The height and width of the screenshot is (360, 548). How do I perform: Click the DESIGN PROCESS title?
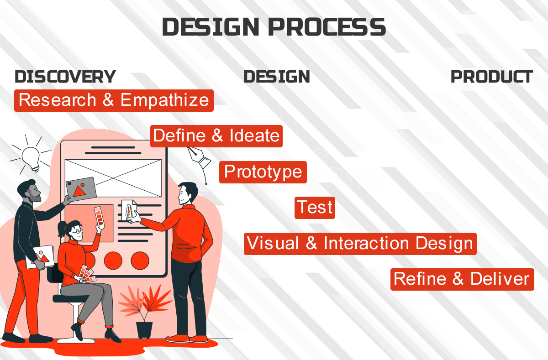274,26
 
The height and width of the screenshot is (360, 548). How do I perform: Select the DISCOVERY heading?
65,77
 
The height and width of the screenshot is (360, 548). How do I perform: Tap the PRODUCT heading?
492,77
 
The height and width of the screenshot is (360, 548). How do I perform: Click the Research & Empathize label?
114,100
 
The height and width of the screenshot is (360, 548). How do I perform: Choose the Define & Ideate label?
216,136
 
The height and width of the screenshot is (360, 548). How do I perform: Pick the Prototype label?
263,172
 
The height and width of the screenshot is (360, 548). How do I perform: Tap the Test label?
315,208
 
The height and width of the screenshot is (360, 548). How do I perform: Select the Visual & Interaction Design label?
360,244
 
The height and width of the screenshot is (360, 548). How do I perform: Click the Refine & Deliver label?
462,279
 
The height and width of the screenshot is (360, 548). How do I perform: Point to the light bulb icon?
31,157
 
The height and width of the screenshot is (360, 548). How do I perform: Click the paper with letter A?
129,210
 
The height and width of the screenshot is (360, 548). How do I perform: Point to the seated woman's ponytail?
62,229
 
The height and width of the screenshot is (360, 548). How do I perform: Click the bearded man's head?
29,191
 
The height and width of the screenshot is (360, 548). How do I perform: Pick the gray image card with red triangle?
81,189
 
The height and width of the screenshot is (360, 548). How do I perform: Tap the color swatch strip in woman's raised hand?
100,217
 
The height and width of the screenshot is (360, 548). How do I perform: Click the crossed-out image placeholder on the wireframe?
113,178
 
